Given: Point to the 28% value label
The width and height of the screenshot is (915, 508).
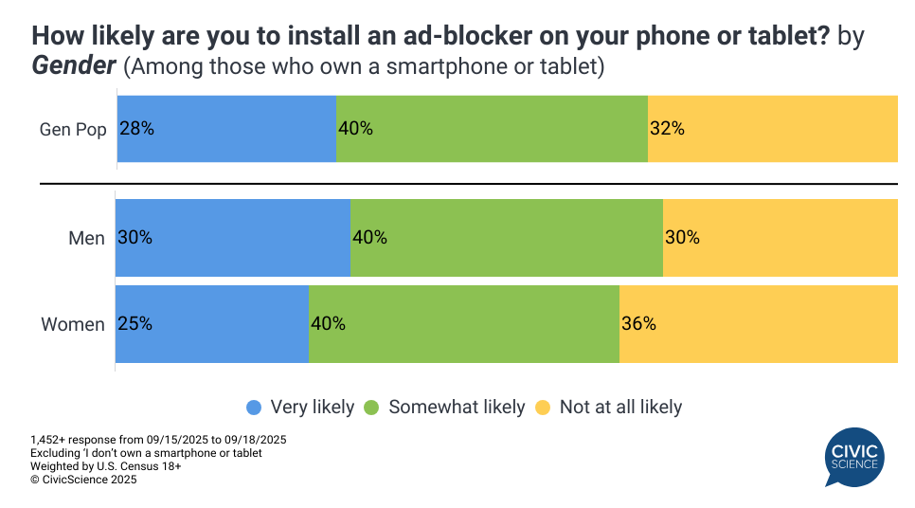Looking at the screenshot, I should (136, 129).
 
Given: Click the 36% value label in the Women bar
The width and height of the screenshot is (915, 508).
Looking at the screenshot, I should (638, 324).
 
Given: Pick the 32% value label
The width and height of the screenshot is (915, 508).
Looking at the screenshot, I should (667, 129).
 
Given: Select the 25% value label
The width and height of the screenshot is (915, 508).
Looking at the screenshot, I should (135, 324).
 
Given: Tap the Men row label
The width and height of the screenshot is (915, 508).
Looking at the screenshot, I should (86, 239).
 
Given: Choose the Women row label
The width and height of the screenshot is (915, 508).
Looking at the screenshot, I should (73, 325).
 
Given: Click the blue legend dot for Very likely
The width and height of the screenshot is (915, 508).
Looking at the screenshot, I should (254, 408).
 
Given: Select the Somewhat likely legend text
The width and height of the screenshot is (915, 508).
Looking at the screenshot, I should (456, 408).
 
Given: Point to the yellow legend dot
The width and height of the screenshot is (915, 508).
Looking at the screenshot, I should (543, 408).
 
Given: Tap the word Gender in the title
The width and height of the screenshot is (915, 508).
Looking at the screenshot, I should (74, 67).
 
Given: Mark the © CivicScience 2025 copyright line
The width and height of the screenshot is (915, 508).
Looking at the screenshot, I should (83, 480).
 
